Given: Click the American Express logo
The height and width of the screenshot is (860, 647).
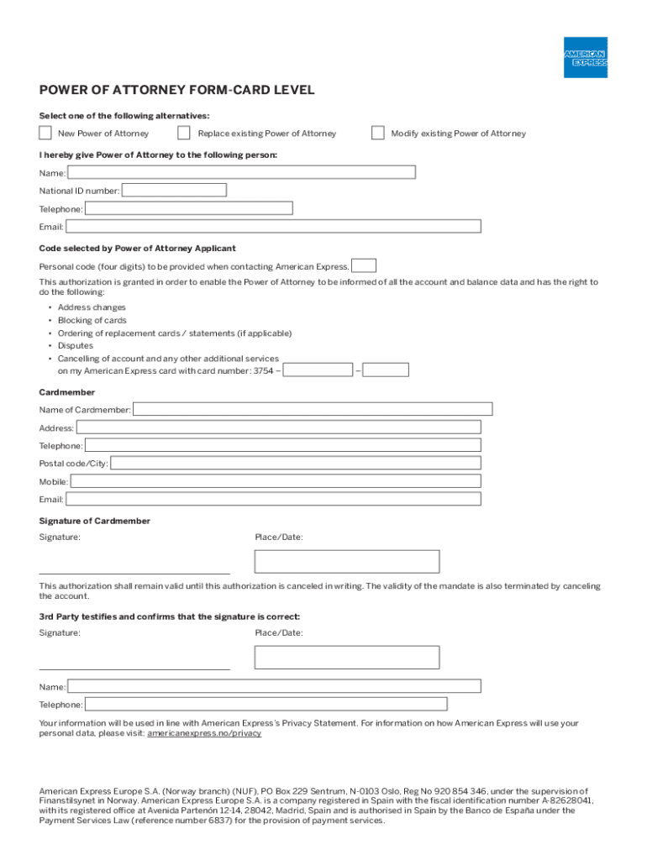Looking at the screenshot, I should pyautogui.click(x=585, y=57).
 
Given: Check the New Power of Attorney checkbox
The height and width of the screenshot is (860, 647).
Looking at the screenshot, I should pyautogui.click(x=45, y=133).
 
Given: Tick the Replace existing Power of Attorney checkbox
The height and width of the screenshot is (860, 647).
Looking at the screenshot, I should pyautogui.click(x=184, y=133).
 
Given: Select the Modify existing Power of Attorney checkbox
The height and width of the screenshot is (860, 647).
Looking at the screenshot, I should pyautogui.click(x=378, y=133).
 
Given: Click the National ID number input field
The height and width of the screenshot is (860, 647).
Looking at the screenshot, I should pyautogui.click(x=174, y=191).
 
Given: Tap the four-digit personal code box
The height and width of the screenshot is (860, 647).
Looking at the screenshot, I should pyautogui.click(x=364, y=266).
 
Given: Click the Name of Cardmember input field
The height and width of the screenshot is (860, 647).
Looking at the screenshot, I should pyautogui.click(x=313, y=409).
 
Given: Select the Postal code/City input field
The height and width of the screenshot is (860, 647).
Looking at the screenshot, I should pyautogui.click(x=296, y=463).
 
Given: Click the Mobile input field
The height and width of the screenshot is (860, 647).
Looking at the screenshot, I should pyautogui.click(x=276, y=481).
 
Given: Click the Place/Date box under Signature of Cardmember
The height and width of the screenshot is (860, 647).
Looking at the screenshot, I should pyautogui.click(x=346, y=561).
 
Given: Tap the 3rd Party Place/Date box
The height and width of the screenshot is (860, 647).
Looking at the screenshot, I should pyautogui.click(x=346, y=657).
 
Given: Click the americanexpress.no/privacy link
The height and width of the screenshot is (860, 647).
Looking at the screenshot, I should pyautogui.click(x=204, y=733).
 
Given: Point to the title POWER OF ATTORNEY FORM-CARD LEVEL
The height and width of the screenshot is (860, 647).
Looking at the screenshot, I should pyautogui.click(x=177, y=91).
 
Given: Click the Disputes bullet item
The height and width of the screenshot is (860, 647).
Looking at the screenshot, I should pyautogui.click(x=76, y=345).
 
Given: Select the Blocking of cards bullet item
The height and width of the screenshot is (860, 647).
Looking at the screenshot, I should pyautogui.click(x=92, y=320).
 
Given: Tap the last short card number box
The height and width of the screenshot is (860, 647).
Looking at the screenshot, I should pyautogui.click(x=386, y=370).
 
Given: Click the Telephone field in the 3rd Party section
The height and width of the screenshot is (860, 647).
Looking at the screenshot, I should pyautogui.click(x=266, y=704).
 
